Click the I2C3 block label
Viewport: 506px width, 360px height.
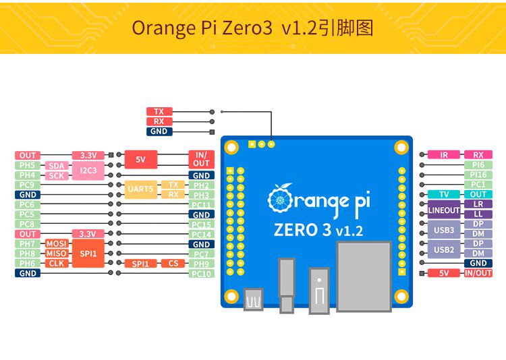tap(88, 171)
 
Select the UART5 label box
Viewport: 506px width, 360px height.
tap(140, 189)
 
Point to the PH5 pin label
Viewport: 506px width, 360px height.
tap(28, 165)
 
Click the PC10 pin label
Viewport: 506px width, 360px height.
tap(201, 274)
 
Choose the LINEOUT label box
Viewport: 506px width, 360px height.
tap(443, 210)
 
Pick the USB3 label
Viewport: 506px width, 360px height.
tap(443, 229)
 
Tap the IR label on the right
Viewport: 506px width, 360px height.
tap(444, 155)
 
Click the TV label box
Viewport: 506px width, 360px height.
tap(444, 194)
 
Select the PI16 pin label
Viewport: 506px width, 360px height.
tap(478, 175)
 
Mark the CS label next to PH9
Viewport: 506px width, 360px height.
tap(173, 264)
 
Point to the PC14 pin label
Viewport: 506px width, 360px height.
tap(201, 235)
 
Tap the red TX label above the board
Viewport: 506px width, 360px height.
tap(159, 112)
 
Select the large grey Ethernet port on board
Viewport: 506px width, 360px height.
tap(364, 276)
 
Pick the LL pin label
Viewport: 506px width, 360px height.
tap(478, 214)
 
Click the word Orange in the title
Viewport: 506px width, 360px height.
tap(161, 28)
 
